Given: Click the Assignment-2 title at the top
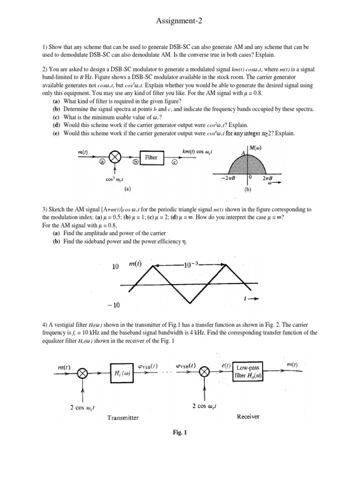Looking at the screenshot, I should [x=180, y=21].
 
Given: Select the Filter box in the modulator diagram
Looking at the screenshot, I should [x=151, y=158].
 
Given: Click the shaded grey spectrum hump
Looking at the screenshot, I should [x=250, y=166].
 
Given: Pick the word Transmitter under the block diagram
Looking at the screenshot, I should [x=123, y=418].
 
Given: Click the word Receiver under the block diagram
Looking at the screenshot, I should [x=248, y=416].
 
